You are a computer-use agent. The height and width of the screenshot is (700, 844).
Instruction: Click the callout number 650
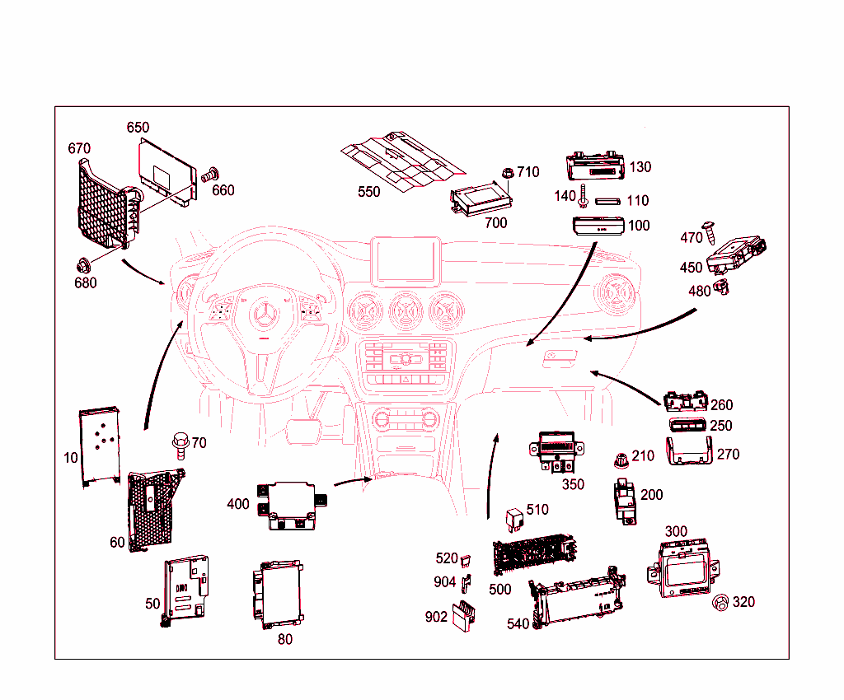[x=138, y=128]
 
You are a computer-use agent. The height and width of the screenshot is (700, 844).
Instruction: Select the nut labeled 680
[x=83, y=265]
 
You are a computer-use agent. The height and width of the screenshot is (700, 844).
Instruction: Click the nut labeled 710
[x=508, y=174]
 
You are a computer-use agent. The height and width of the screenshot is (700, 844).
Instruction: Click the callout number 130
[x=640, y=167]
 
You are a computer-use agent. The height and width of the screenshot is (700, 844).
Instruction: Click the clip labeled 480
[x=724, y=287]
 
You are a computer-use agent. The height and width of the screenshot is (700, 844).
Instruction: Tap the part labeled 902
[x=462, y=614]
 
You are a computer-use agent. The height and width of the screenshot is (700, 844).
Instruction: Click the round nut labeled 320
[x=719, y=603]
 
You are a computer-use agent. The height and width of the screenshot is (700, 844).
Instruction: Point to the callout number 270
[x=729, y=454]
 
